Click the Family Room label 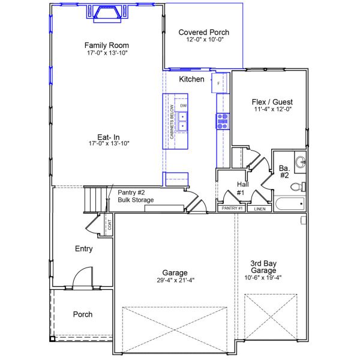pyautogui.click(x=106, y=45)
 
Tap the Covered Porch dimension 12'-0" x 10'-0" pyautogui.click(x=204, y=40)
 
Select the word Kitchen pyautogui.click(x=191, y=79)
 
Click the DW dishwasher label pyautogui.click(x=183, y=106)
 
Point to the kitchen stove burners pyautogui.click(x=222, y=121)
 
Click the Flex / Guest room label pyautogui.click(x=272, y=101)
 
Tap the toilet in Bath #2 pyautogui.click(x=297, y=187)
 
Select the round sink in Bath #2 pyautogui.click(x=299, y=161)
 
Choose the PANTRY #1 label pyautogui.click(x=232, y=208)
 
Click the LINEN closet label pyautogui.click(x=259, y=209)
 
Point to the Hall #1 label pyautogui.click(x=240, y=188)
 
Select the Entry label pyautogui.click(x=83, y=248)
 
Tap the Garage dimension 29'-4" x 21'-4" pyautogui.click(x=174, y=280)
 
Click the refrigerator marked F pyautogui.click(x=219, y=83)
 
